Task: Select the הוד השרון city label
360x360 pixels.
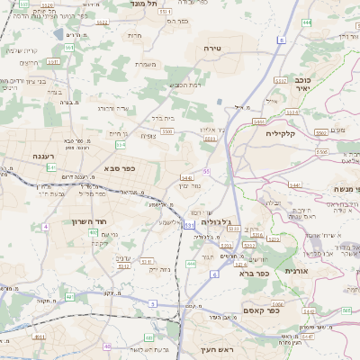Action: [90, 220]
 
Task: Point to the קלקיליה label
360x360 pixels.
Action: [282, 133]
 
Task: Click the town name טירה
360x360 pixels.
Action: [213, 47]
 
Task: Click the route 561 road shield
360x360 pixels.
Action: [53, 61]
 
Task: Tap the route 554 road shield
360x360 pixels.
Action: [120, 144]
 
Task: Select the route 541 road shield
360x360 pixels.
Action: [52, 167]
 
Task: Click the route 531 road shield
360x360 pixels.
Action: [188, 225]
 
